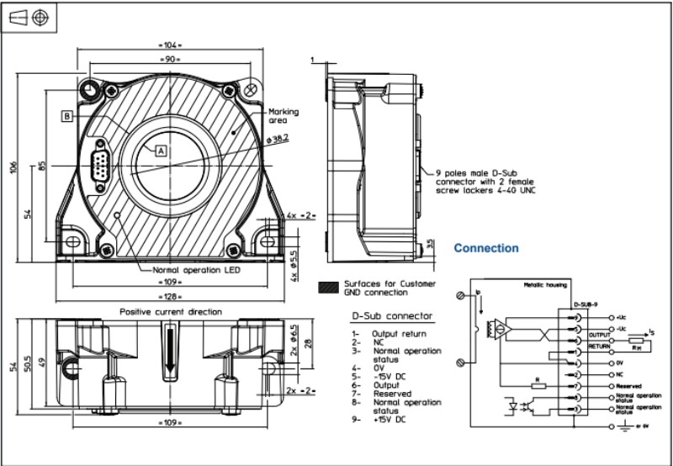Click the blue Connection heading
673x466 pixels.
pyautogui.click(x=486, y=249)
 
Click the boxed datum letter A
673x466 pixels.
pyautogui.click(x=162, y=150)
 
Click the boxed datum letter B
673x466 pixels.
pyautogui.click(x=66, y=117)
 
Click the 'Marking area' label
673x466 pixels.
pyautogui.click(x=283, y=116)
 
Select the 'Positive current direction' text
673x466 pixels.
pyautogui.click(x=171, y=311)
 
